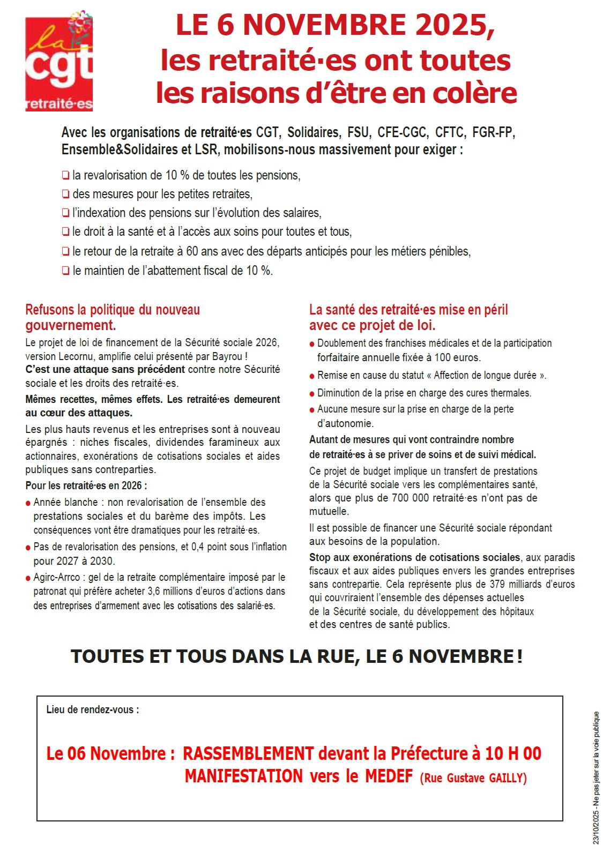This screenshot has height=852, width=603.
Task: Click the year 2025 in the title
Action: click(x=450, y=25)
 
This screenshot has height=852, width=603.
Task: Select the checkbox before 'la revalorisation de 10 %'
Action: click(x=65, y=175)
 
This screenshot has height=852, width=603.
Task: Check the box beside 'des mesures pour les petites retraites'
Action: click(x=65, y=194)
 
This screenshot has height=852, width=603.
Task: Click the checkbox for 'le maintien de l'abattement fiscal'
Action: click(x=65, y=271)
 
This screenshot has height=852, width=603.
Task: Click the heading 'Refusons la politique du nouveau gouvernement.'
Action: click(x=113, y=317)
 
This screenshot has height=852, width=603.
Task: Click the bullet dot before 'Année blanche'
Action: click(x=28, y=504)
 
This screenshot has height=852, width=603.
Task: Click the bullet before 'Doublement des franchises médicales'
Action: click(x=312, y=345)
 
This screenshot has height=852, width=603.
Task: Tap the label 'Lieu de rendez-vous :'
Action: click(x=93, y=709)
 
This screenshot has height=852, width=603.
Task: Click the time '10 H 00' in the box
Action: click(x=513, y=753)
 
